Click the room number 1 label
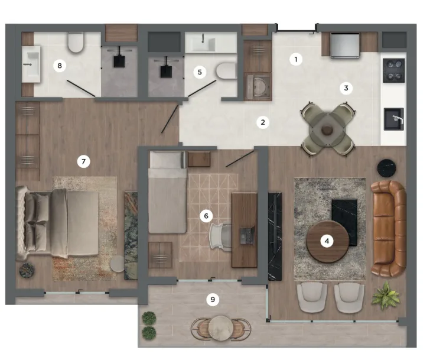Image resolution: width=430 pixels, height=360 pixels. click(x=296, y=59)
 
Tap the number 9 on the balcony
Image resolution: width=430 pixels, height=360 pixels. click(x=213, y=299)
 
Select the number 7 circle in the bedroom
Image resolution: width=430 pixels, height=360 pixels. click(x=84, y=161)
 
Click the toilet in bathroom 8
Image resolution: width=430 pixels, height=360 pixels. click(x=76, y=42)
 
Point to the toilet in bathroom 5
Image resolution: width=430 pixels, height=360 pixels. click(x=226, y=71)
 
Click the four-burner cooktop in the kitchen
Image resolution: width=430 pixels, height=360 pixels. click(x=394, y=70)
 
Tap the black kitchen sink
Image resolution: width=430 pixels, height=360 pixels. click(x=394, y=119)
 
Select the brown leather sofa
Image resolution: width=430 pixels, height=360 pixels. click(x=389, y=228)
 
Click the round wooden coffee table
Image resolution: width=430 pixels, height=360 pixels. click(x=327, y=241)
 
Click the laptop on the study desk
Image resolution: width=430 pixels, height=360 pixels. click(x=246, y=235)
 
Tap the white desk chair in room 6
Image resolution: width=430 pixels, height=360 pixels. click(x=220, y=236)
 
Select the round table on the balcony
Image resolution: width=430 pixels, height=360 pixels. click(x=221, y=328)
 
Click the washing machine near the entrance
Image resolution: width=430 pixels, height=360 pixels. click(x=258, y=86)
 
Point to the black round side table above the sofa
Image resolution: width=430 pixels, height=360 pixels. click(x=387, y=168)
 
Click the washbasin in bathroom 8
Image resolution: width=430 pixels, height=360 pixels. click(x=31, y=64)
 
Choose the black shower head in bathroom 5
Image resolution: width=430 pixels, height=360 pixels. click(x=166, y=71)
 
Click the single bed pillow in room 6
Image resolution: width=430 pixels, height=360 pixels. click(x=167, y=160)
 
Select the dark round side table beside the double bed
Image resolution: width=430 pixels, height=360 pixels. click(x=27, y=270)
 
